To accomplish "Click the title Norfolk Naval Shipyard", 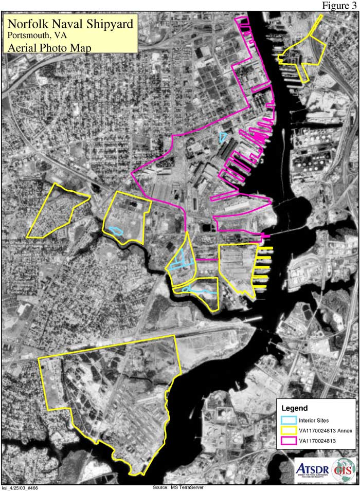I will tap(70, 24).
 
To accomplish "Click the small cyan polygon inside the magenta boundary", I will tap(223, 137).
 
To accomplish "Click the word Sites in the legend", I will tap(322, 421).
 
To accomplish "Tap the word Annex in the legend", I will tap(345, 431).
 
